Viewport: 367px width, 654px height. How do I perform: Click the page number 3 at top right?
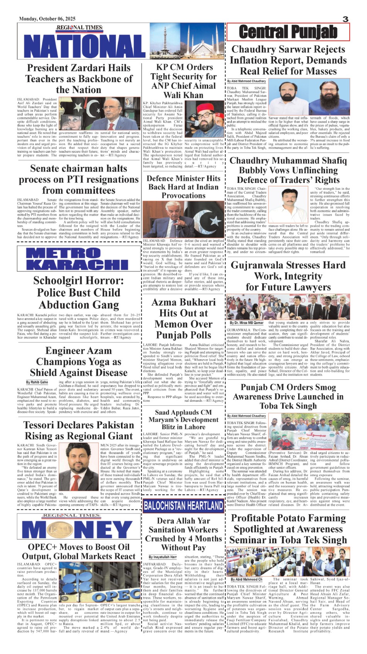tap(345, 19)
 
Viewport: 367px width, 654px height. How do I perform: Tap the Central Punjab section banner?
tap(288, 32)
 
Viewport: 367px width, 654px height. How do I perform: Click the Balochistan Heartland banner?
tap(183, 506)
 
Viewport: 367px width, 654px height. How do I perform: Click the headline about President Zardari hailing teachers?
tap(79, 79)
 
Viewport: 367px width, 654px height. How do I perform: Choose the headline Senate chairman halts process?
tap(79, 179)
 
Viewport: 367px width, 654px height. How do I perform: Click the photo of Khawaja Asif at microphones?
tap(183, 220)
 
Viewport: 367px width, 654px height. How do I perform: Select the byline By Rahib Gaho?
tap(37, 382)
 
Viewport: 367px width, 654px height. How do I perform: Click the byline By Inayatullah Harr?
tap(163, 557)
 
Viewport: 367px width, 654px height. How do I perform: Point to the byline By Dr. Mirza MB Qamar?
tap(247, 323)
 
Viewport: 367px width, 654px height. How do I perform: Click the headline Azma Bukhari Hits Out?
tap(183, 318)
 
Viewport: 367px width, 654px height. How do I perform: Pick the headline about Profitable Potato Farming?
tap(288, 529)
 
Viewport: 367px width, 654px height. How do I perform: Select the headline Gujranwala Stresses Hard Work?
tap(288, 276)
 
